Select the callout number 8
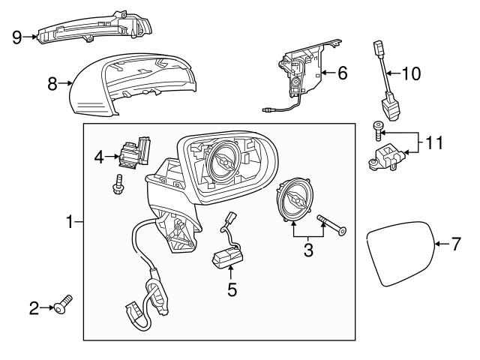[52, 85]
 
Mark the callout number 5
[232, 287]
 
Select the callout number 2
[33, 307]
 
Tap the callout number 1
[69, 222]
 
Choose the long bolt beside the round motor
[331, 225]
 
